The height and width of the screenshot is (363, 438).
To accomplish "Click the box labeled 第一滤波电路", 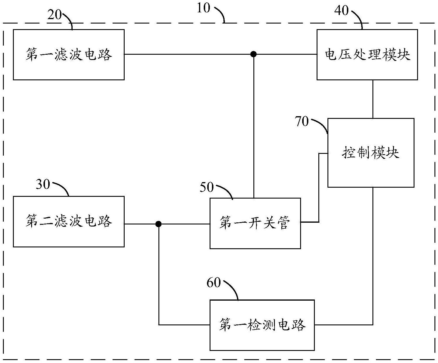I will coord(68,55).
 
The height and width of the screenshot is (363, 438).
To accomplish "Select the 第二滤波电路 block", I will coord(68,222).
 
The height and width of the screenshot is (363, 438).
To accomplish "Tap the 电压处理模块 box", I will coord(367,55).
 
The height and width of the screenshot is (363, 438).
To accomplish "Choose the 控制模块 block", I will coord(371,153).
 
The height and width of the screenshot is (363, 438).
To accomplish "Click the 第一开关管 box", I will coord(255,223).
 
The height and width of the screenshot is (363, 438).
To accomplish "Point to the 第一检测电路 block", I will coord(262,325).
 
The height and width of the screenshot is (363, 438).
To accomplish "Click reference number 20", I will coord(54,15).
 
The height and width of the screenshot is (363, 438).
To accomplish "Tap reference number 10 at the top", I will coord(203,8).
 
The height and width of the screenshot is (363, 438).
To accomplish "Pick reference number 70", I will coord(302,121).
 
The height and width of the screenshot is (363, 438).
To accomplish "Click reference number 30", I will coord(43,184).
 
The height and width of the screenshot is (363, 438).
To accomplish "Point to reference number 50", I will coord(207,187).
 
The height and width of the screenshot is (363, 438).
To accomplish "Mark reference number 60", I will coord(213,283).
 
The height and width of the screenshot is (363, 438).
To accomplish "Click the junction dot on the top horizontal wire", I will coord(253,54).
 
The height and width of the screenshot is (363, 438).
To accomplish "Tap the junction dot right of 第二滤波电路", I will coord(159,224).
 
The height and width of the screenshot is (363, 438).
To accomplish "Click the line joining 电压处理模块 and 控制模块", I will coord(373,99).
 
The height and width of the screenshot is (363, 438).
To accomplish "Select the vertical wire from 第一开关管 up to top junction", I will coord(253,126).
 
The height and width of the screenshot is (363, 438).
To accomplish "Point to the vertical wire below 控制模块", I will coord(373,256).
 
